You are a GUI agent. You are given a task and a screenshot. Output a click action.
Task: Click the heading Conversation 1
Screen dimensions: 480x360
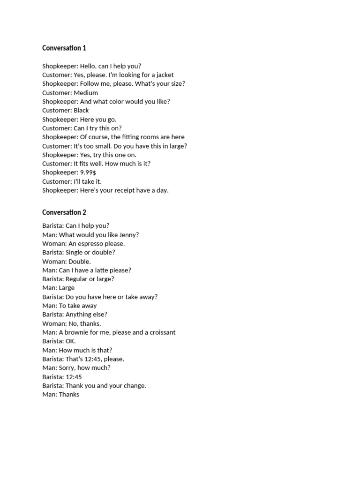(64, 48)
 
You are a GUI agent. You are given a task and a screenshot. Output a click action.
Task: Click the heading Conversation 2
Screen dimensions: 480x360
(64, 212)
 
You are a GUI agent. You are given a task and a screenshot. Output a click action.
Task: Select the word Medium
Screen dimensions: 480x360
(86, 93)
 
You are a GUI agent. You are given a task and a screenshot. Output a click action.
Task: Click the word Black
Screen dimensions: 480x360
(81, 111)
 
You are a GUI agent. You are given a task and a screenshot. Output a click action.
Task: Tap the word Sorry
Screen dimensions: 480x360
(67, 368)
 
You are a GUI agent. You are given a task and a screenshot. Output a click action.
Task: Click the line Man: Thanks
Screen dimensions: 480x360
(60, 395)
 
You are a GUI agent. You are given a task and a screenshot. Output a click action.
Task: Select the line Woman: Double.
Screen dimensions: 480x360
(67, 262)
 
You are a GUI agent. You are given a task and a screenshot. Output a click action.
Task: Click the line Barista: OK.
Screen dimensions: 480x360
(59, 341)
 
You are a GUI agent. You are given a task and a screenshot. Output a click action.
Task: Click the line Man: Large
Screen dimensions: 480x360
(58, 288)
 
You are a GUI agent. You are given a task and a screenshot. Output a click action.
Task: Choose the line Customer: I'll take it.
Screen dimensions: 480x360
(72, 181)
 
